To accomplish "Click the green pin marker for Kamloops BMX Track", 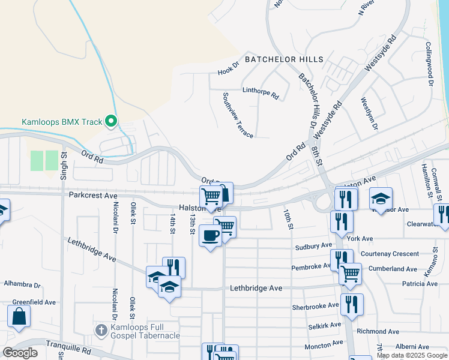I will tap(110, 122).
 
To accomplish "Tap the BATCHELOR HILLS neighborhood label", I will tap(284, 59).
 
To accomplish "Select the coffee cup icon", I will tap(209, 235).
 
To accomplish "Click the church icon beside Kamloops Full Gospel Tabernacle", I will tap(101, 330).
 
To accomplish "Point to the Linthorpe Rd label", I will tap(261, 93).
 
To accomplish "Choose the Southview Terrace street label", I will tap(237, 115).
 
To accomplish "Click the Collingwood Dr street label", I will tap(429, 64).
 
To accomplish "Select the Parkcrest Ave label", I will tap(92, 196).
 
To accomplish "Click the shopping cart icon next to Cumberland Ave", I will tap(351, 274).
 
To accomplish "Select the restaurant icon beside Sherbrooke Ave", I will tap(352, 304).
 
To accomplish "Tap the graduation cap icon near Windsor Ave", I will tap(381, 198).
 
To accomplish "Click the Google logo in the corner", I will tap(20, 352).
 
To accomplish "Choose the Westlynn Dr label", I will tap(370, 114).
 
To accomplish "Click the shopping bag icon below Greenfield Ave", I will tap(19, 316).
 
